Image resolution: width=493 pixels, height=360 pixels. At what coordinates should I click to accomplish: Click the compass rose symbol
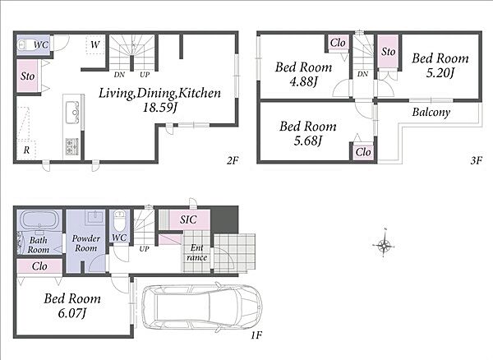pos(384,244)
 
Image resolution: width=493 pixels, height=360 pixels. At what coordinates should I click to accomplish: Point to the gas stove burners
pos(72,145)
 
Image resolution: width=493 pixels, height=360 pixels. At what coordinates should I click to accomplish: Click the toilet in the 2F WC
pos(25,45)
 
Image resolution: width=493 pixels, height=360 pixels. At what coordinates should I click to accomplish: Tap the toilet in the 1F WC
pos(119,220)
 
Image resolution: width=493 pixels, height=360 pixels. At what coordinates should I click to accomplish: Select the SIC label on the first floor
pos(188,219)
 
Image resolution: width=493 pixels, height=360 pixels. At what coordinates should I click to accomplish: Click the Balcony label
pos(431,113)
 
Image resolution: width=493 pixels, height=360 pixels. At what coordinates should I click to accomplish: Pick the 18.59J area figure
pos(160,108)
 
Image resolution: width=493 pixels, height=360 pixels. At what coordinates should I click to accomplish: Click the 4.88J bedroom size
pos(303,81)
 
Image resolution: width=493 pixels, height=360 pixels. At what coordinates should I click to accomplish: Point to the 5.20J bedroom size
pos(440,73)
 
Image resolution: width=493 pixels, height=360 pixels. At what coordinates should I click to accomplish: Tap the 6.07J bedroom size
pos(72,313)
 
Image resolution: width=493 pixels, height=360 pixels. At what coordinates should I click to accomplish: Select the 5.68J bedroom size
pos(308,141)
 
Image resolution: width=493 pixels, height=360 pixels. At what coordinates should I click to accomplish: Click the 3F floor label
pos(477,160)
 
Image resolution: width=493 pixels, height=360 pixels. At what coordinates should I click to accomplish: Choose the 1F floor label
pos(256,335)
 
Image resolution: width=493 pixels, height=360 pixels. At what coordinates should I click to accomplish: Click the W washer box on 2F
pos(95,44)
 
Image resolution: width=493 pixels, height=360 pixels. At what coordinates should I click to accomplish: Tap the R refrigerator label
pos(27,150)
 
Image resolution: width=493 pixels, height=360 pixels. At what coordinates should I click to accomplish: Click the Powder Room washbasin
pos(94,217)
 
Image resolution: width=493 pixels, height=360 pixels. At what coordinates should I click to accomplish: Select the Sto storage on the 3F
pos(389,51)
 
